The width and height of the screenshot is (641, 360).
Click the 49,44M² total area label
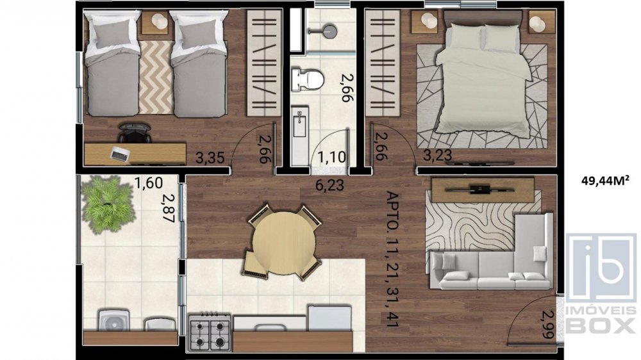pyautogui.click(x=605, y=180)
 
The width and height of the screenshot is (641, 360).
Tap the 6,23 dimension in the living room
pyautogui.click(x=329, y=185)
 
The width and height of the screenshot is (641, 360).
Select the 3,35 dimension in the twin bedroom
pyautogui.click(x=210, y=158)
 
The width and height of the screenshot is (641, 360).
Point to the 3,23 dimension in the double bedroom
pyautogui.click(x=437, y=155)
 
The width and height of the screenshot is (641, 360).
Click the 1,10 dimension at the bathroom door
pyautogui.click(x=331, y=156)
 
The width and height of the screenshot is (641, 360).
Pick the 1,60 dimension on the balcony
pyautogui.click(x=149, y=183)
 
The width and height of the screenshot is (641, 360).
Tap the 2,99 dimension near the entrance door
pyautogui.click(x=548, y=324)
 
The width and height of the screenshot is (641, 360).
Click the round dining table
pyautogui.click(x=283, y=243)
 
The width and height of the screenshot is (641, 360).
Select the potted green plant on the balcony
pyautogui.click(x=108, y=204)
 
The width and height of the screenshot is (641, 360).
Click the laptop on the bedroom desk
pyautogui.click(x=121, y=154)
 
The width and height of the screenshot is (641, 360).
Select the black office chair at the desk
pyautogui.click(x=135, y=133)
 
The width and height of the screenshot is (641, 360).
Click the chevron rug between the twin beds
pyautogui.click(x=155, y=78)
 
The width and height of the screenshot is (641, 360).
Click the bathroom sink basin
pyautogui.click(x=299, y=122)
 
